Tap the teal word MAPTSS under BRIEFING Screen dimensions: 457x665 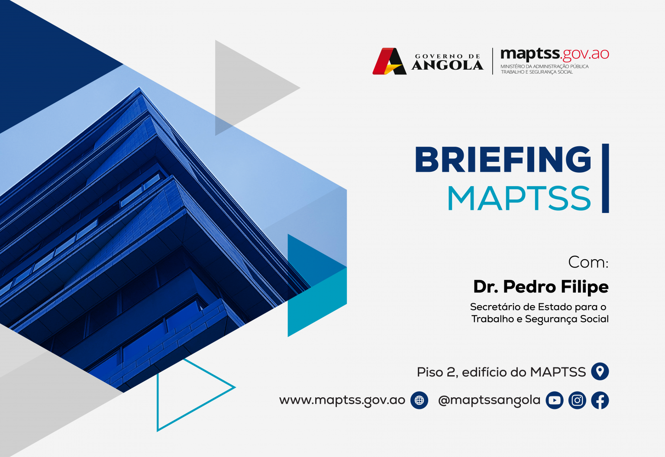click(x=519, y=199)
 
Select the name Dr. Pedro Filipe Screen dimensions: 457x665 click(x=541, y=287)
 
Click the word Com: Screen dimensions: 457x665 click(x=588, y=262)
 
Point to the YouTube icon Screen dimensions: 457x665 click(x=554, y=400)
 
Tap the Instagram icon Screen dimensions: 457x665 click(x=577, y=400)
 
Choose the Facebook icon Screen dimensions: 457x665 click(x=600, y=400)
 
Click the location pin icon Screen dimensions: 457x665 click(x=600, y=371)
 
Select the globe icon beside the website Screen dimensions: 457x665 click(x=419, y=400)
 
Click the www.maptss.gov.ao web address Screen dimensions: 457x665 click(x=342, y=400)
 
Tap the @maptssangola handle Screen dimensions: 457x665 click(x=489, y=400)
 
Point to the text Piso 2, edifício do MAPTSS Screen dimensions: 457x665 click(x=501, y=372)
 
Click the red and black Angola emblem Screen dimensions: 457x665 click(x=389, y=61)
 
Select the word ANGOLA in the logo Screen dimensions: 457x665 click(x=447, y=65)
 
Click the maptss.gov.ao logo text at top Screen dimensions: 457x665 click(x=555, y=54)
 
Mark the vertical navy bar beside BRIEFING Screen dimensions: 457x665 click(x=605, y=178)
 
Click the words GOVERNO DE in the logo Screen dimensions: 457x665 click(x=448, y=56)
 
